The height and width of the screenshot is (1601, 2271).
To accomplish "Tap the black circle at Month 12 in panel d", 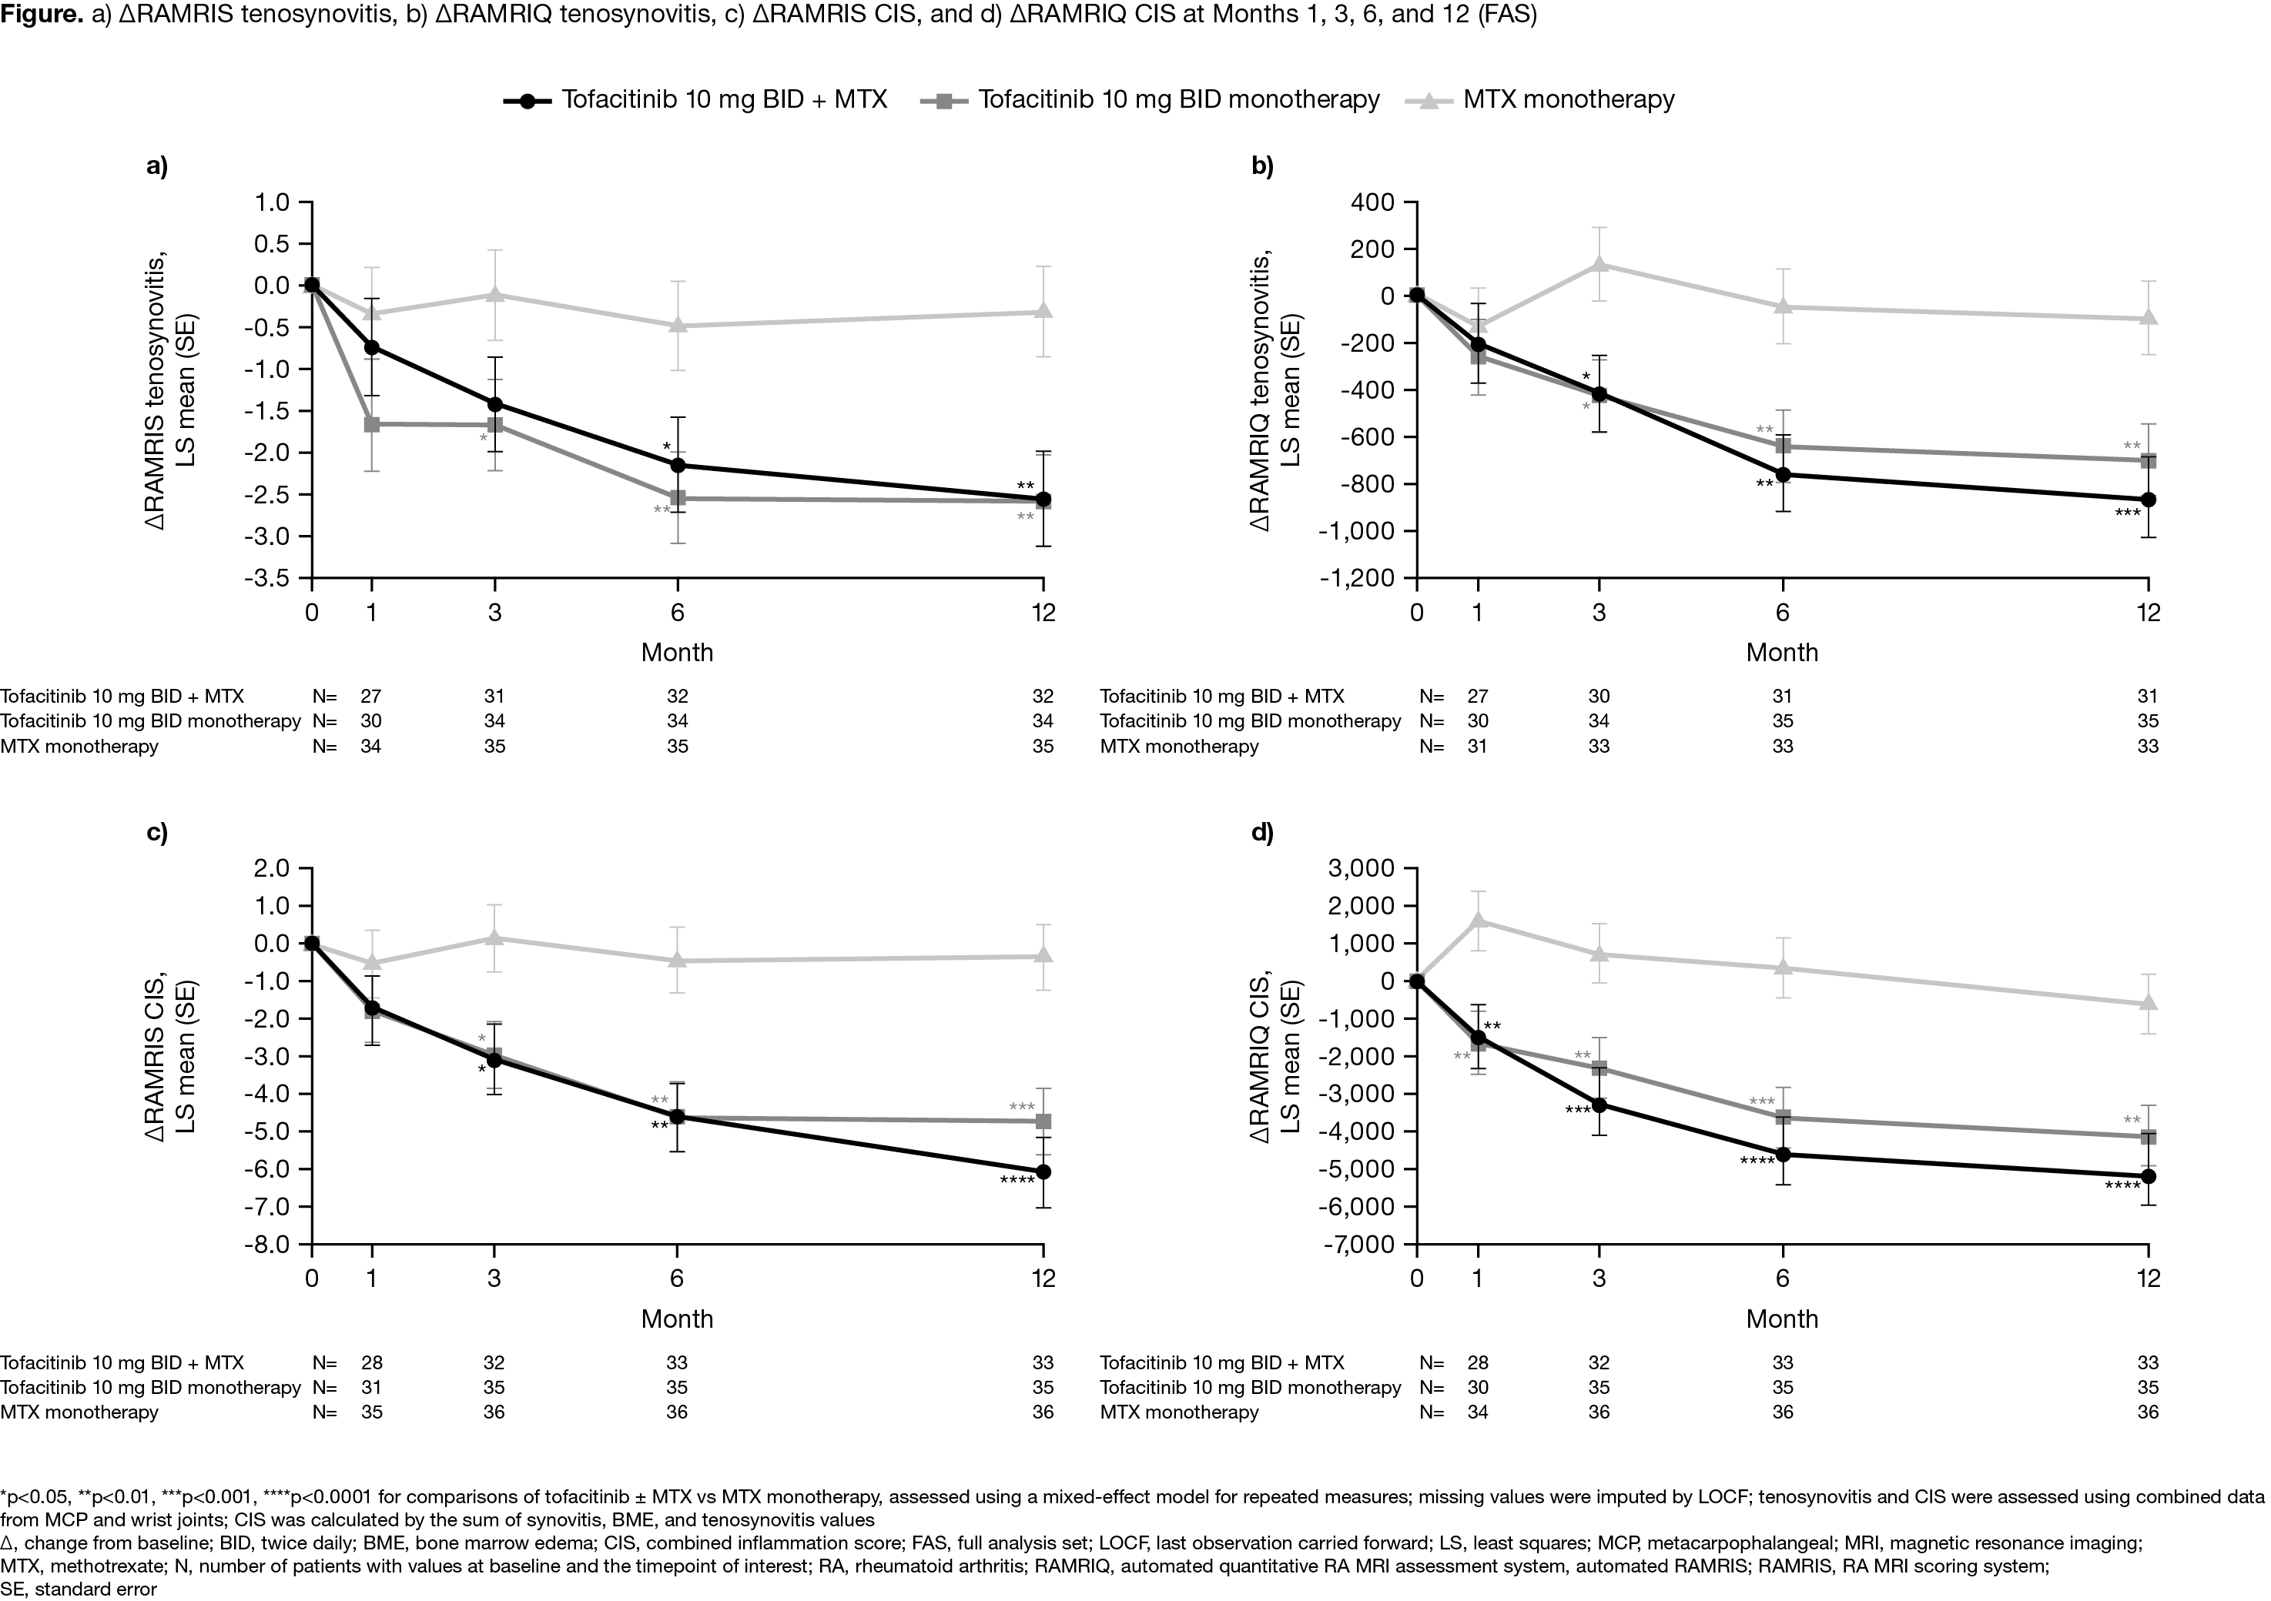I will (2147, 1176).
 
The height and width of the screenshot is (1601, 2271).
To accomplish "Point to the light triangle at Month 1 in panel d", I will (1478, 920).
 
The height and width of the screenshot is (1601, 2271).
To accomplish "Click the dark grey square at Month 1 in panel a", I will (372, 423).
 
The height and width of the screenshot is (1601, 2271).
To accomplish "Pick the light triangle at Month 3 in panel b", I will (1599, 264).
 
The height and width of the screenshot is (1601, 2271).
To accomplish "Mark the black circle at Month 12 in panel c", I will (1043, 1172).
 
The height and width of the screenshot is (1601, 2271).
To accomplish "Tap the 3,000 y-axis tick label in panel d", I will (1363, 868).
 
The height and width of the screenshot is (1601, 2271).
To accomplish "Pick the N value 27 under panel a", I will (372, 696).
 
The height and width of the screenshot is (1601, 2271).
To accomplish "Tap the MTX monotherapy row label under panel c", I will (79, 1412).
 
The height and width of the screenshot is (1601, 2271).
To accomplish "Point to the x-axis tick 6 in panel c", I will (678, 1278).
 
